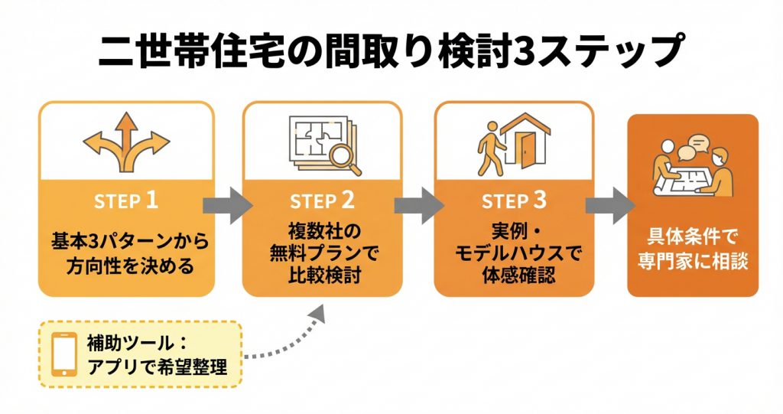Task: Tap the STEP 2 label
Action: (x=322, y=201)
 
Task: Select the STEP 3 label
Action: (x=514, y=201)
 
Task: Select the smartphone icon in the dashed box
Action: (x=64, y=354)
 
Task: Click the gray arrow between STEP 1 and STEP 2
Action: (x=227, y=204)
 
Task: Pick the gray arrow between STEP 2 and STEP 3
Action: (x=419, y=204)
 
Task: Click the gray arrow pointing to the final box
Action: (x=609, y=204)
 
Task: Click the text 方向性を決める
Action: (x=125, y=266)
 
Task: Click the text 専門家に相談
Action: (x=693, y=259)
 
